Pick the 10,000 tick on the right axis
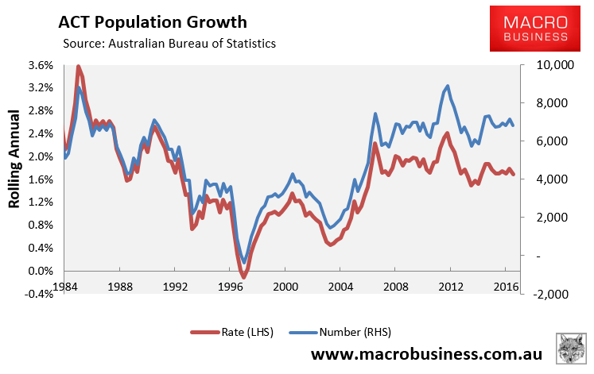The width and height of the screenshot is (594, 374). click(545, 65)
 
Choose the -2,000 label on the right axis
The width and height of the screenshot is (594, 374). click(545, 294)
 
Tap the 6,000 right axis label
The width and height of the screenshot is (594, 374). click(543, 141)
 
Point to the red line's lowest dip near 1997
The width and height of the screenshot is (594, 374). click(243, 276)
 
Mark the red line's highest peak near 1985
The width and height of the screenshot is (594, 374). click(78, 67)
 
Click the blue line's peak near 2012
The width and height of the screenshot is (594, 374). click(448, 86)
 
